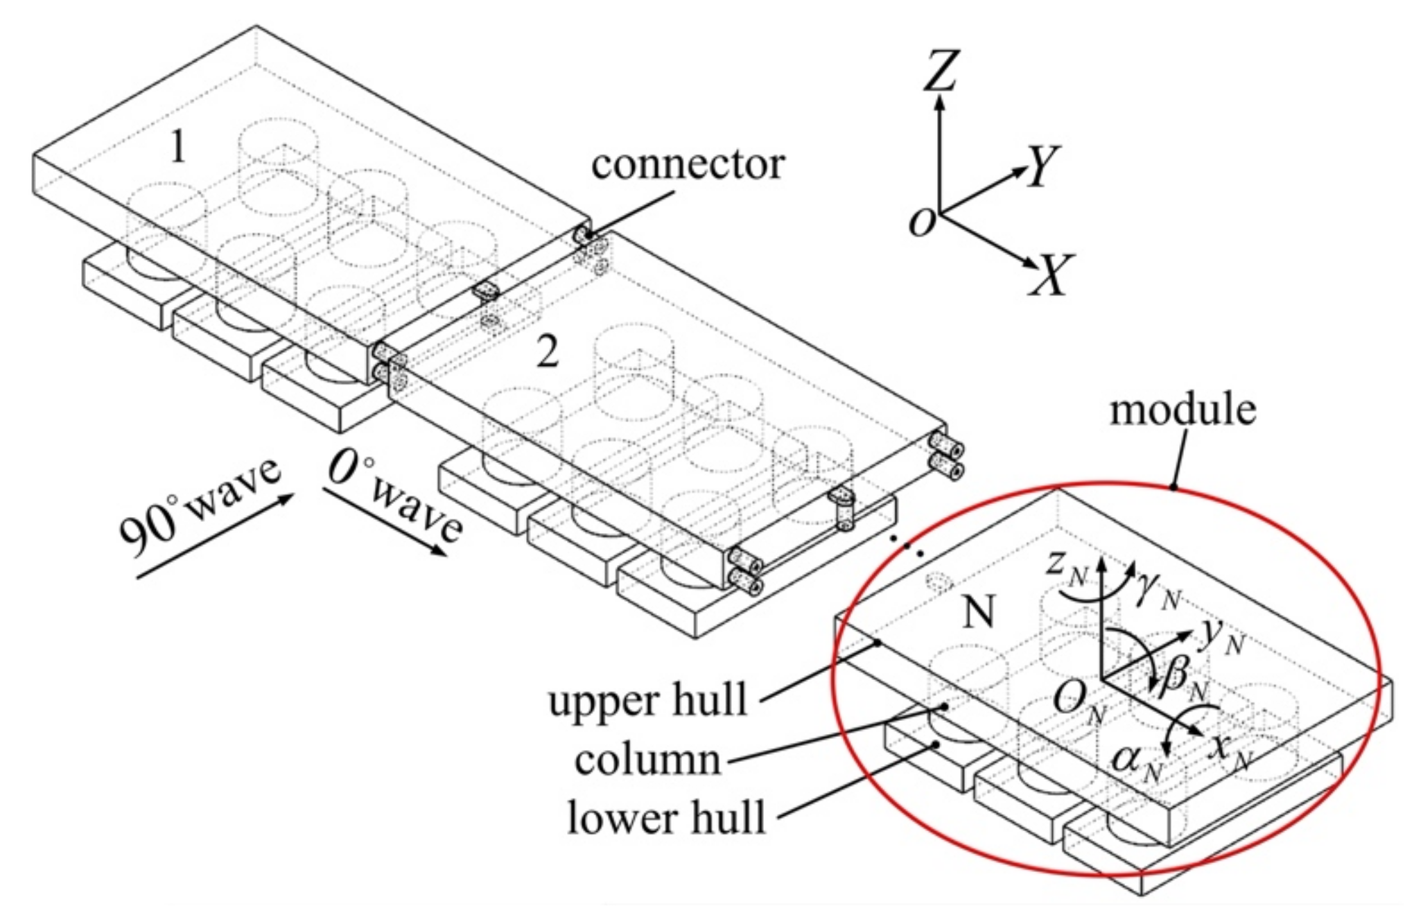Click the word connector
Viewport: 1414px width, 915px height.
click(x=688, y=165)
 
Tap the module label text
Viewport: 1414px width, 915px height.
click(x=1182, y=410)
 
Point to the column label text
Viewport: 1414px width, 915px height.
click(x=647, y=760)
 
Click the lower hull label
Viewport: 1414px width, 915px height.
click(x=666, y=818)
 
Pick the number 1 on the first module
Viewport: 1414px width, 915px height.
click(x=178, y=147)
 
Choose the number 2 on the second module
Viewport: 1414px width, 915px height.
click(x=548, y=353)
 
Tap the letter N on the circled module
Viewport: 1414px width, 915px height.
click(x=979, y=613)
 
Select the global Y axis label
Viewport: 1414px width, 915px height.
click(x=1042, y=166)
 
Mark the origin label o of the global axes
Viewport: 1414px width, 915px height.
click(x=923, y=222)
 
